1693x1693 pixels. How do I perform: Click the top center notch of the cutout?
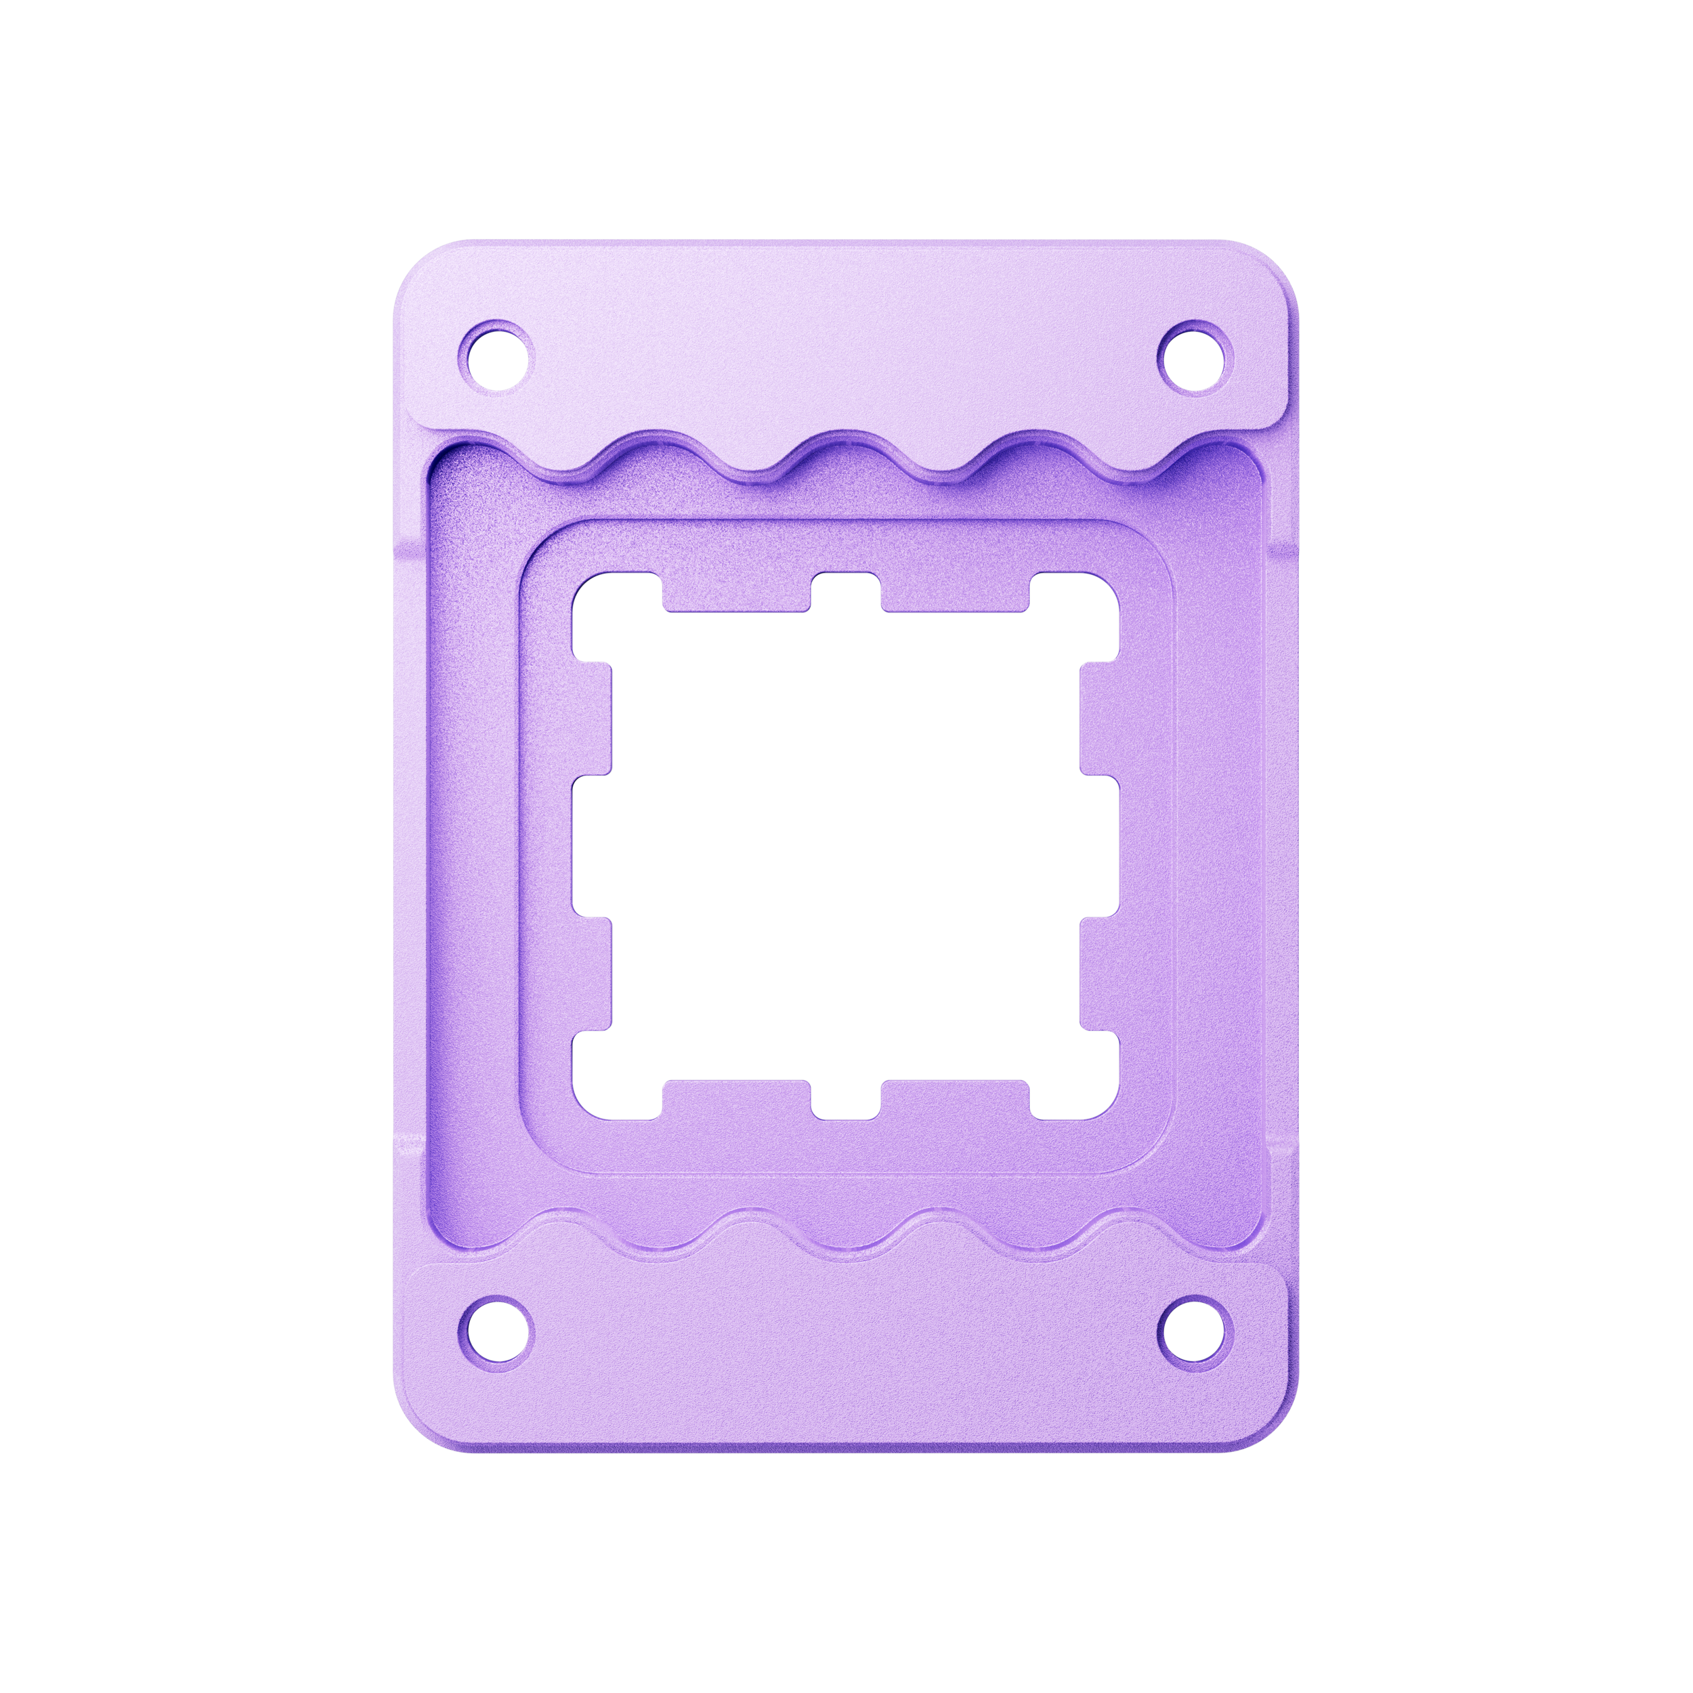(846, 593)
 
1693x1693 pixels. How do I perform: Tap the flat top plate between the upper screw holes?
(846, 342)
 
